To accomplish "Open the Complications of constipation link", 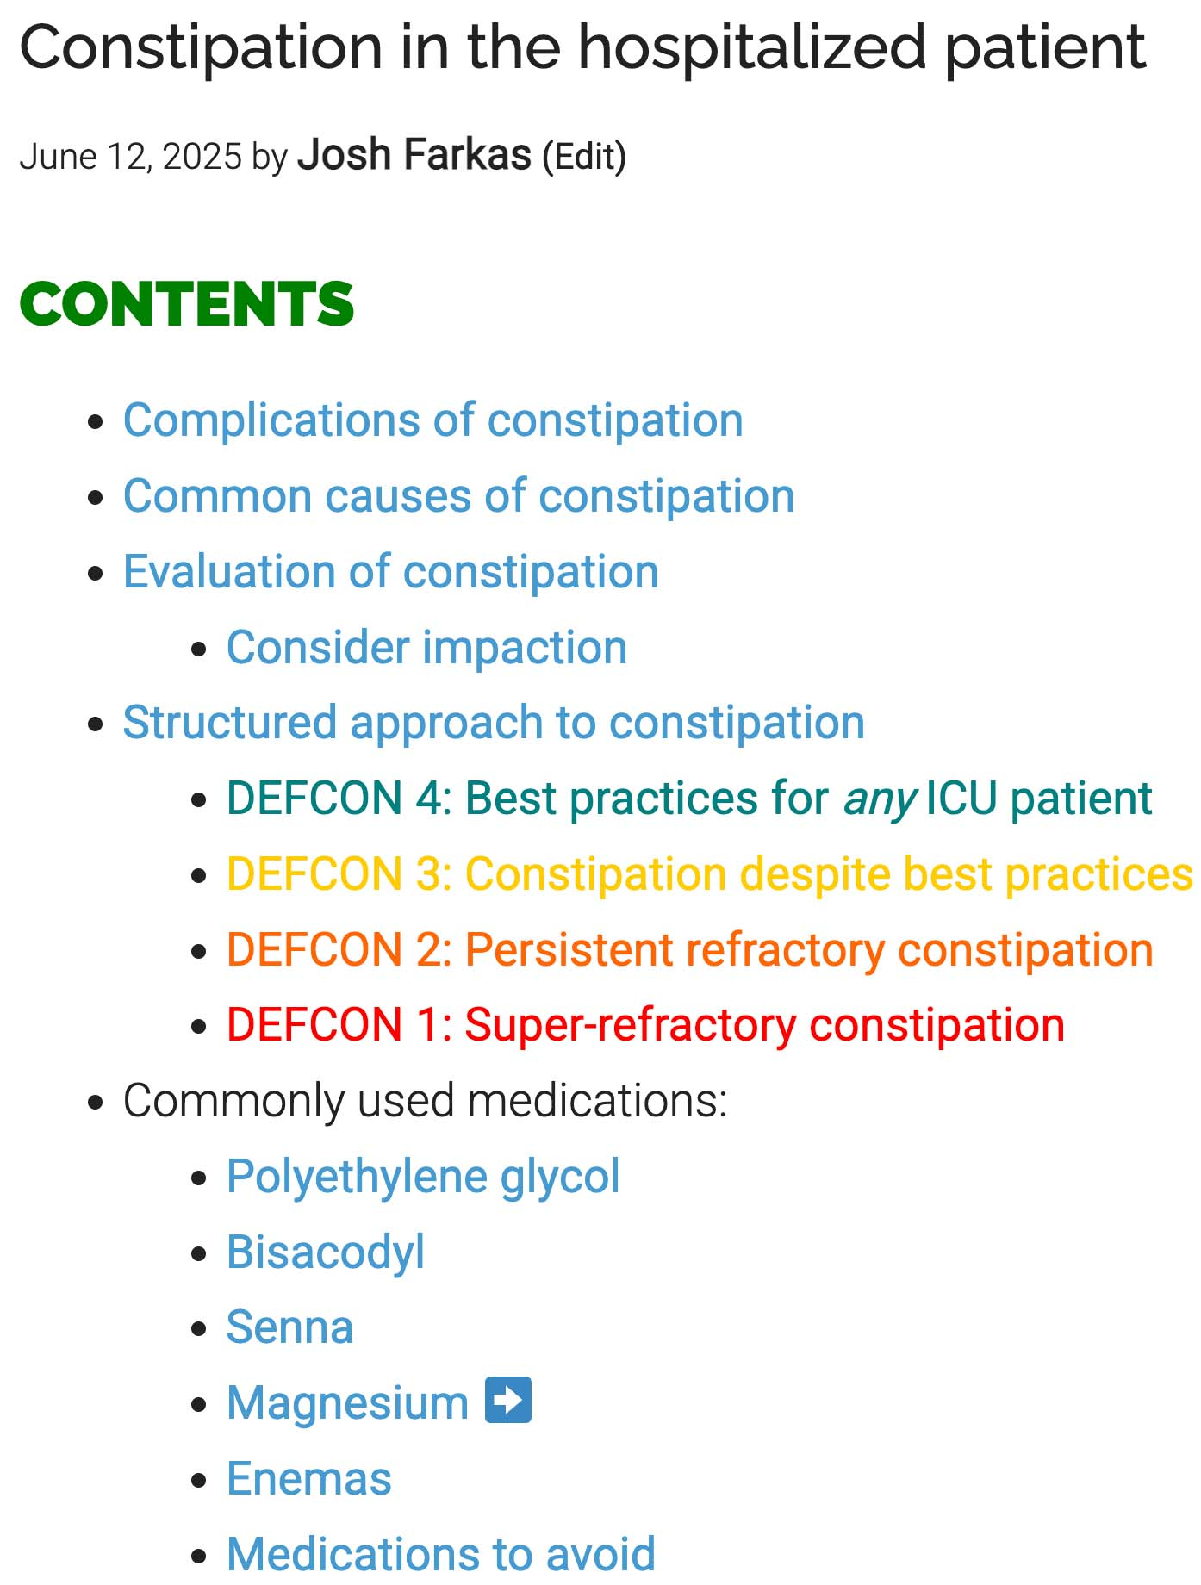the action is click(432, 420).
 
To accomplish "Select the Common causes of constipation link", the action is click(458, 496).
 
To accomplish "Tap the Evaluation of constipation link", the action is click(390, 572).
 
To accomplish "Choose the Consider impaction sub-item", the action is click(426, 648).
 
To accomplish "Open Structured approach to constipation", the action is click(494, 723).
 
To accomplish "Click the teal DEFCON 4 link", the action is click(689, 799).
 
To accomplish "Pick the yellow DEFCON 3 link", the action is click(710, 874).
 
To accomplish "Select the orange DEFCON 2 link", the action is click(690, 950).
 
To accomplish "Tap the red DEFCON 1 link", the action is click(646, 1025).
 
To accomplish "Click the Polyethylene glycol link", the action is click(423, 1177).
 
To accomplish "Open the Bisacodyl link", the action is click(326, 1252).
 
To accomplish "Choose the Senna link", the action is click(289, 1327).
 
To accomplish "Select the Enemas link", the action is click(309, 1479).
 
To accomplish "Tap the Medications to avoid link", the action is click(441, 1554).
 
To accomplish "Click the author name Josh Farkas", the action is click(414, 155).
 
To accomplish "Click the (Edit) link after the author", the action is click(584, 157).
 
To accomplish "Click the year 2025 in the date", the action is click(202, 157).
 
